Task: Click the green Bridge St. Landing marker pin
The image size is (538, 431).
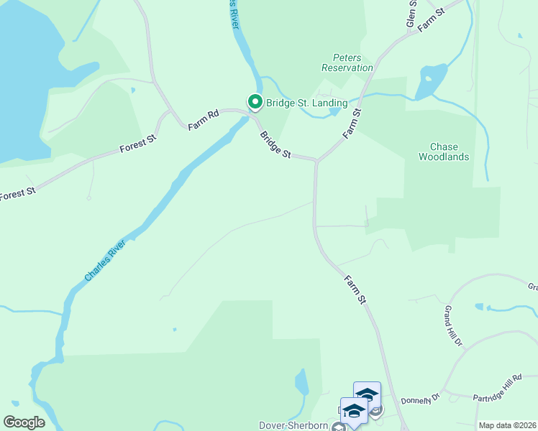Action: [x=255, y=103]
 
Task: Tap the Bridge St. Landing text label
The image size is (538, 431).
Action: [x=306, y=103]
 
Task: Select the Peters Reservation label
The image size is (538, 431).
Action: [x=347, y=62]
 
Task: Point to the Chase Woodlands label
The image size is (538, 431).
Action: [x=444, y=152]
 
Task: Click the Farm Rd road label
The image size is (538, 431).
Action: [x=203, y=120]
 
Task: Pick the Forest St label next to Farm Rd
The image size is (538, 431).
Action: [x=138, y=144]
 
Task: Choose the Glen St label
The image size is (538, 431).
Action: [x=411, y=14]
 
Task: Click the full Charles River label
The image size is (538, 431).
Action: [x=105, y=261]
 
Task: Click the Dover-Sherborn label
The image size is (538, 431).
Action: [x=293, y=425]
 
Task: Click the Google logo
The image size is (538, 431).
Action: [x=24, y=422]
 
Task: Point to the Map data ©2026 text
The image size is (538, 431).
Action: [x=507, y=425]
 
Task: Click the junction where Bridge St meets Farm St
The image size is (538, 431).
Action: [x=316, y=161]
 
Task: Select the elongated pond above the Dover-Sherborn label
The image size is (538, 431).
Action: [x=301, y=381]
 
